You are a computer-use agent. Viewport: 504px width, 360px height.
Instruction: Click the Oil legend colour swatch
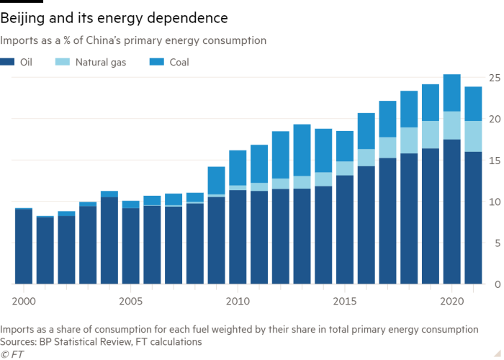(6, 63)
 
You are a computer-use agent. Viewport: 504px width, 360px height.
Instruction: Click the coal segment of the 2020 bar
(451, 92)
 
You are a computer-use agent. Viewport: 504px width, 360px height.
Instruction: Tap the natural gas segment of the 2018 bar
(409, 140)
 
